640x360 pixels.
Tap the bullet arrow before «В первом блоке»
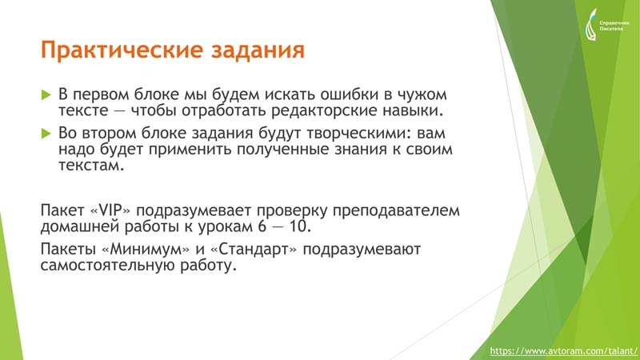coord(46,95)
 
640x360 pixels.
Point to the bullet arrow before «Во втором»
coord(46,134)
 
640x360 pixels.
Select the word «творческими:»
coord(356,134)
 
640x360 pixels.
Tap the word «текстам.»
coord(91,166)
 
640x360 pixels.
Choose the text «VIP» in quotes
coord(111,210)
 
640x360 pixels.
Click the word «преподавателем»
coord(396,211)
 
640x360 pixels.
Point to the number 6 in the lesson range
coord(262,226)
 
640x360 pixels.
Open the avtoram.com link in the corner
coord(563,351)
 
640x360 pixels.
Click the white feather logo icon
coord(590,26)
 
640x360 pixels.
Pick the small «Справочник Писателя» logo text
coord(614,26)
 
